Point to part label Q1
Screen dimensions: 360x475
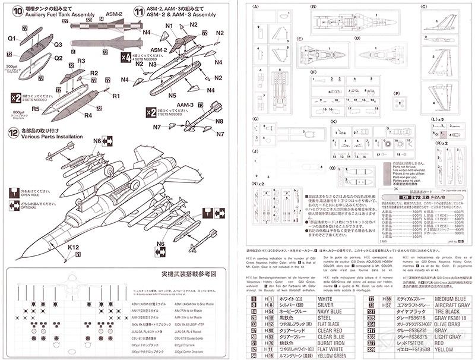12,38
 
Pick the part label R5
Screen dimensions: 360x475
36,109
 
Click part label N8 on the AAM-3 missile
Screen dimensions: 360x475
219,121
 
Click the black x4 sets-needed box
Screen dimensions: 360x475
125,58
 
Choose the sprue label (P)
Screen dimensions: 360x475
397,94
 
